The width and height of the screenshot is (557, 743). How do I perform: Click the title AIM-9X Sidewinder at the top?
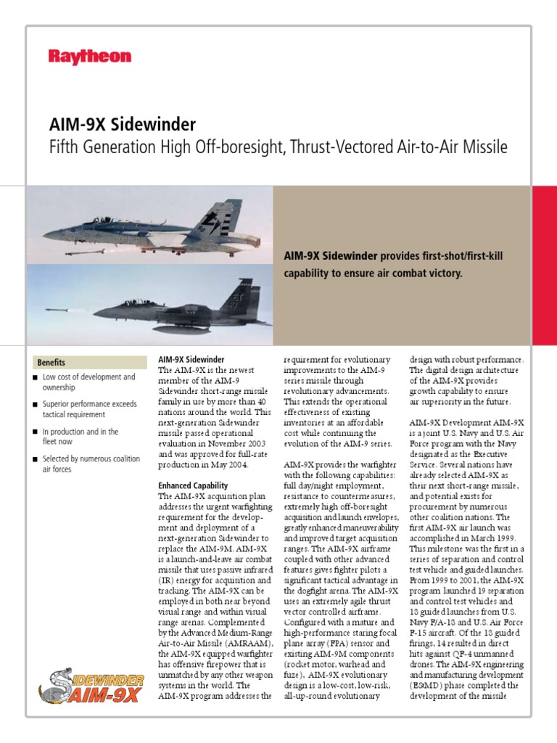tap(122, 124)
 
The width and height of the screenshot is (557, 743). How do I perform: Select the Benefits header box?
tap(90, 362)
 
